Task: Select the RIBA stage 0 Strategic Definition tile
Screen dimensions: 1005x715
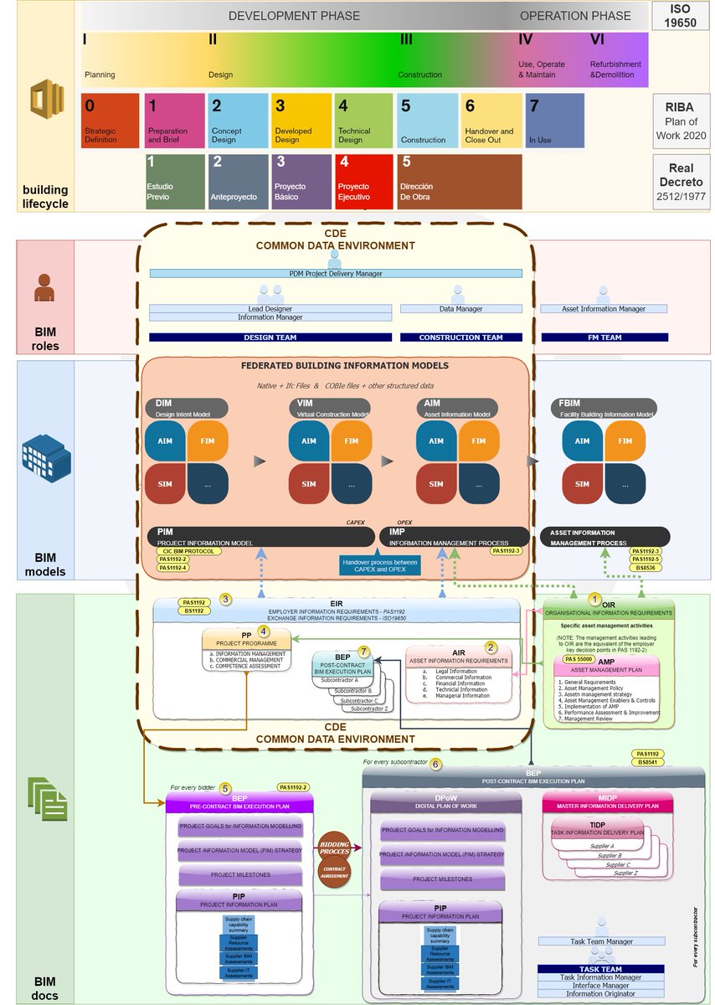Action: (111, 120)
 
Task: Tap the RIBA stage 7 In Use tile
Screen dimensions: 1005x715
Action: (554, 120)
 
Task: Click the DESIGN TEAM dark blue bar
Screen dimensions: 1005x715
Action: (270, 338)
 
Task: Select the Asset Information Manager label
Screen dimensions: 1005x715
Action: (603, 309)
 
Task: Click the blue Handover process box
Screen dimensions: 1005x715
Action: (380, 565)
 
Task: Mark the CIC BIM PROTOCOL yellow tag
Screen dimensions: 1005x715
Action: (189, 551)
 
